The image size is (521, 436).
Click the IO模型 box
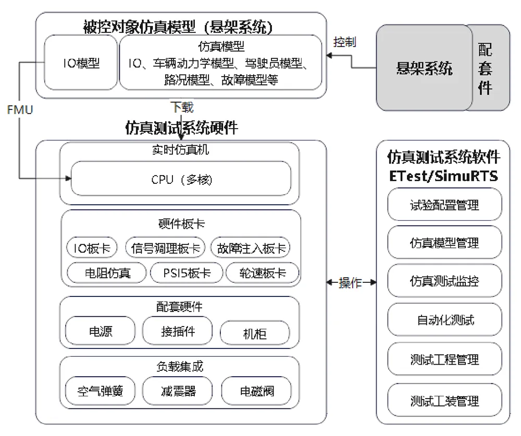click(81, 63)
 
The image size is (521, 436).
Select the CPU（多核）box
click(181, 179)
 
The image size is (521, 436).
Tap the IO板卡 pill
click(92, 247)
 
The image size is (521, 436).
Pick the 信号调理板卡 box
click(165, 247)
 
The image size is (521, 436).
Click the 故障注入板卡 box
click(251, 247)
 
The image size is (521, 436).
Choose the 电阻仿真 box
click(107, 273)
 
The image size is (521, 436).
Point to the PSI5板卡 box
click(187, 273)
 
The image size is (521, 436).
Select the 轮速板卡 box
click(263, 273)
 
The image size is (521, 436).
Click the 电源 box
click(101, 331)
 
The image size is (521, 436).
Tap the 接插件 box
click(177, 331)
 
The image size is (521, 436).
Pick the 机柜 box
click(255, 333)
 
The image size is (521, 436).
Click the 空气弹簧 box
click(101, 391)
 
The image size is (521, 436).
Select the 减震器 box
click(177, 391)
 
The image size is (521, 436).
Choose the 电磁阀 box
click(256, 391)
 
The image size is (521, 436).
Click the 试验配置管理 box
click(444, 204)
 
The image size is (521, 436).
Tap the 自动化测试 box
click(444, 320)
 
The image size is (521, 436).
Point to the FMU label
click(20, 110)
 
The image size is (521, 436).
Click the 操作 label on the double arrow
click(350, 283)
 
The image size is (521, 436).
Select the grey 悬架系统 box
click(424, 68)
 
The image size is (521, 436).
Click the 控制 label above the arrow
click(344, 42)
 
